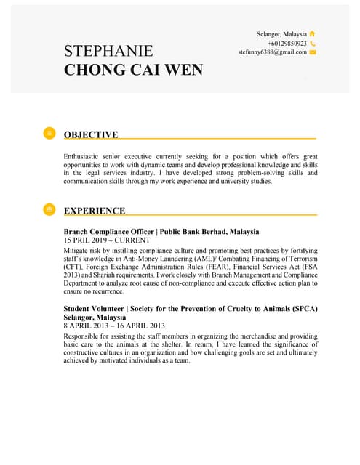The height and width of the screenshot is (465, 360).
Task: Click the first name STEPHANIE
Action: tap(108, 51)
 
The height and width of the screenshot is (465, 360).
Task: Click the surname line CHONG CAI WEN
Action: tap(133, 70)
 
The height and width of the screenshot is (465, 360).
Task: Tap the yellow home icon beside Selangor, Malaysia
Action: tap(313, 33)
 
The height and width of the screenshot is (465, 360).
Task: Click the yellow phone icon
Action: tap(313, 44)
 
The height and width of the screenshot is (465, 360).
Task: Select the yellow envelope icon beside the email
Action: tap(313, 52)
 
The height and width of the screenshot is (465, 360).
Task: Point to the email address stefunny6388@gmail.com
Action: tap(272, 52)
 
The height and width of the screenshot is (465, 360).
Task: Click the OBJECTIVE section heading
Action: tap(91, 134)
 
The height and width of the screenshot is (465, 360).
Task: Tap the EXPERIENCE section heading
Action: tap(95, 211)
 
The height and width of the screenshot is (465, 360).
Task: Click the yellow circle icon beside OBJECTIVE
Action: tap(49, 133)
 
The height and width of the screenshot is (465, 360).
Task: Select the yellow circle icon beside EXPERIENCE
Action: tap(49, 209)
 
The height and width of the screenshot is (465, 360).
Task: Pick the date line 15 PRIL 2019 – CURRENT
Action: tap(107, 240)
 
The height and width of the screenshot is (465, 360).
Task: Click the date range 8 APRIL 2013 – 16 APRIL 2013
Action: tap(115, 326)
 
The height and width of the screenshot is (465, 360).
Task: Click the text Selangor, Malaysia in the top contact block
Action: tap(281, 34)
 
